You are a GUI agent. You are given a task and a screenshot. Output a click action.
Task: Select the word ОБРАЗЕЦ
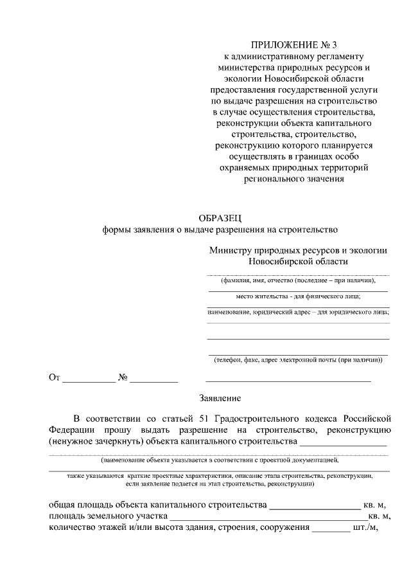[220, 219]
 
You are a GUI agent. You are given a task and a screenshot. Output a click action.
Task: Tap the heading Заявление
[219, 399]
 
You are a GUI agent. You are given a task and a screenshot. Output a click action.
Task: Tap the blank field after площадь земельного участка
[268, 517]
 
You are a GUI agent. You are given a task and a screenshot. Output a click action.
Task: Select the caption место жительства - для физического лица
[298, 296]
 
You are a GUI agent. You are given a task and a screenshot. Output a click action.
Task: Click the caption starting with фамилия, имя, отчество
[298, 280]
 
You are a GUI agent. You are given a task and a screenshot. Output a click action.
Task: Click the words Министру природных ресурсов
[270, 250]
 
